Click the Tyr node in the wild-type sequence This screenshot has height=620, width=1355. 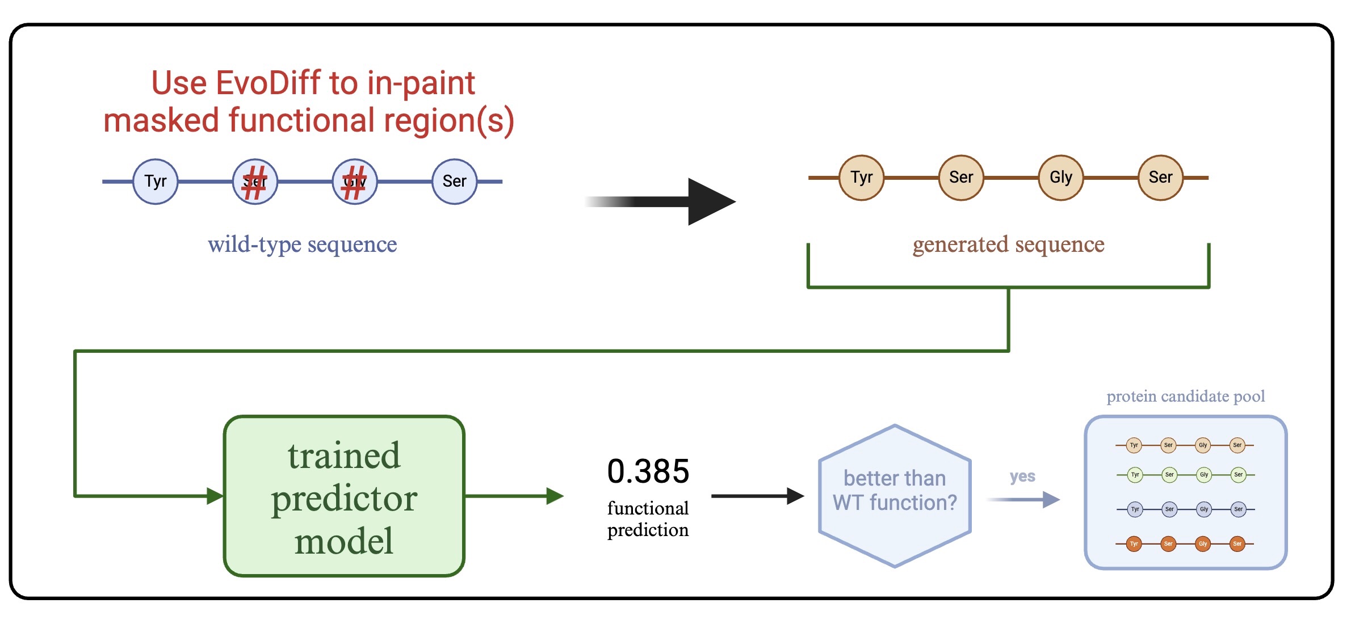click(155, 182)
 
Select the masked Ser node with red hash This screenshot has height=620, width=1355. click(255, 182)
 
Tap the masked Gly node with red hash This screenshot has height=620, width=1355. click(355, 182)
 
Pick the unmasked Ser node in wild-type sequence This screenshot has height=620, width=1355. click(454, 182)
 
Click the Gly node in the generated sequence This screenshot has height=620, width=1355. click(1060, 178)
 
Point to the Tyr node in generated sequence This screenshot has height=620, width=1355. click(861, 178)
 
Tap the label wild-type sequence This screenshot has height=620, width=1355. click(302, 244)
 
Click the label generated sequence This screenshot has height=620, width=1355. click(1008, 244)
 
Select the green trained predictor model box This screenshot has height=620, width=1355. click(344, 496)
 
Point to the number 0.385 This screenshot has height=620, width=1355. click(648, 471)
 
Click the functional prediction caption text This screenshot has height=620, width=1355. click(648, 518)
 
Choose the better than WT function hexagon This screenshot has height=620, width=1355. click(895, 495)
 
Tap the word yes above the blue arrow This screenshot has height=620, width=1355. click(1022, 476)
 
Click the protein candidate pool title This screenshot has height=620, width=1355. click(1185, 396)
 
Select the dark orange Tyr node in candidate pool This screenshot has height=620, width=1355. click(1134, 544)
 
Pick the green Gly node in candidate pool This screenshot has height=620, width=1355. click(1203, 474)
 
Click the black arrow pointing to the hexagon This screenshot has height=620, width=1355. click(758, 496)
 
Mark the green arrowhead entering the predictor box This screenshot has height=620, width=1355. click(215, 496)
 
